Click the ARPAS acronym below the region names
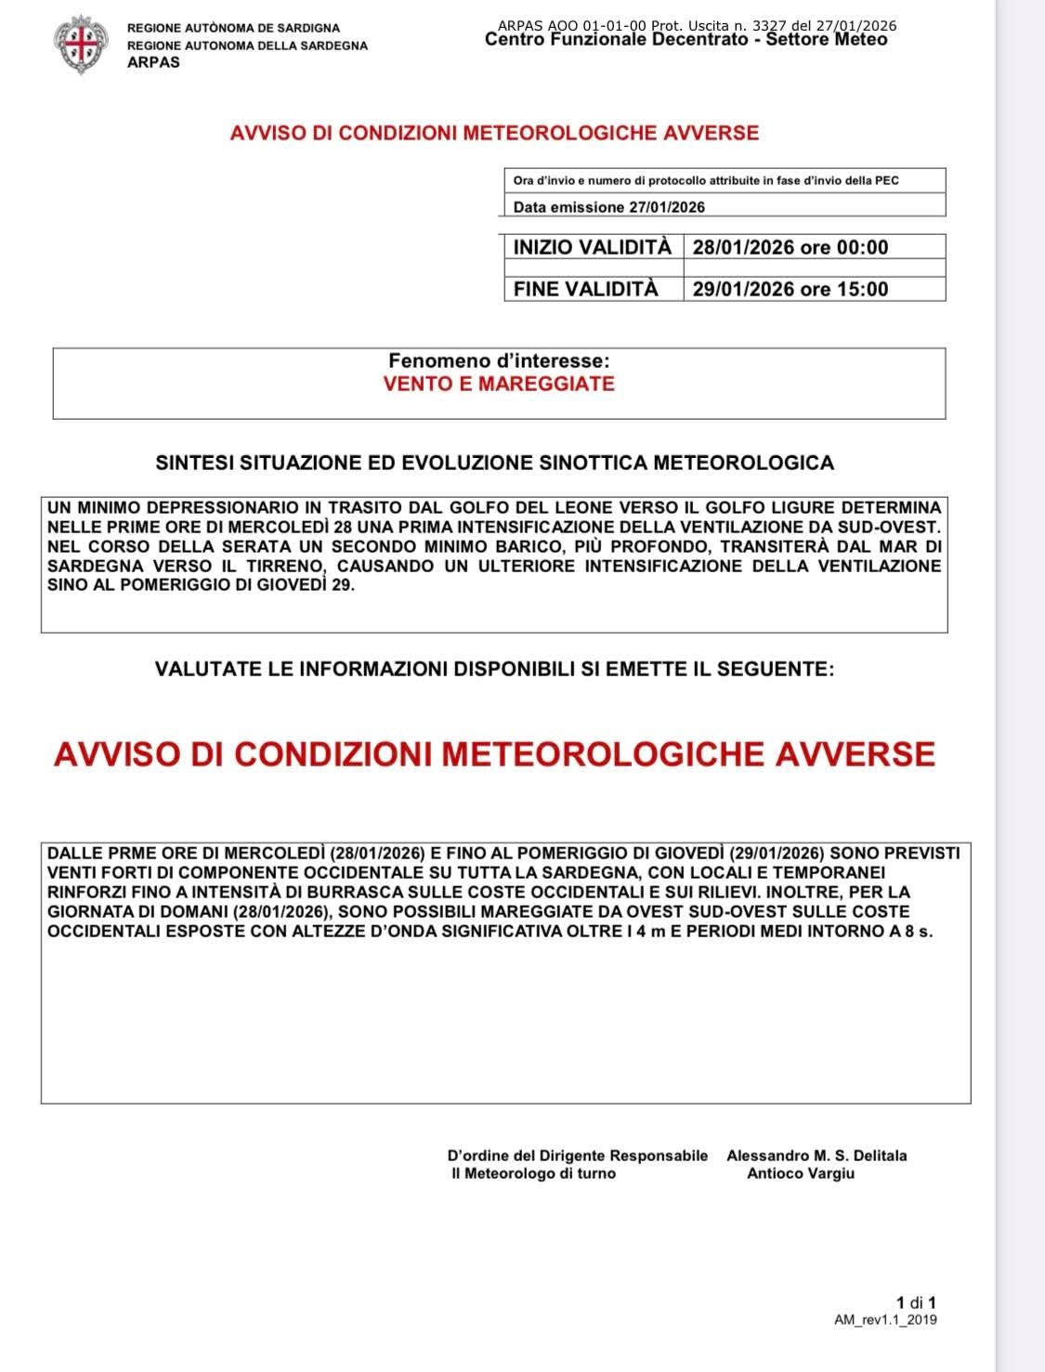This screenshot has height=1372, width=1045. point(153,62)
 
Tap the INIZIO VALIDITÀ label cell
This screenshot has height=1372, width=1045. point(592,247)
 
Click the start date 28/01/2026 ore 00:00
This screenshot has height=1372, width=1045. point(790,247)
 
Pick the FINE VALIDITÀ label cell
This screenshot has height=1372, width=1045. point(585,289)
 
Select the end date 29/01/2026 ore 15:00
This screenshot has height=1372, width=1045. point(790,289)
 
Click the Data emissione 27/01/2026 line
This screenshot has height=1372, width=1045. point(608,207)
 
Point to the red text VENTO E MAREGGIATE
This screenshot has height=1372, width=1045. point(499,384)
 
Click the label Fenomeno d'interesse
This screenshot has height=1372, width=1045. point(499,360)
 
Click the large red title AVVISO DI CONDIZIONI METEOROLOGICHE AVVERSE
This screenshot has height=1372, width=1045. point(494,753)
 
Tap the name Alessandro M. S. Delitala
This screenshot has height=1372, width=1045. point(816,1156)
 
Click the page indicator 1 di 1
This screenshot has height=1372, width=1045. point(916,1302)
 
